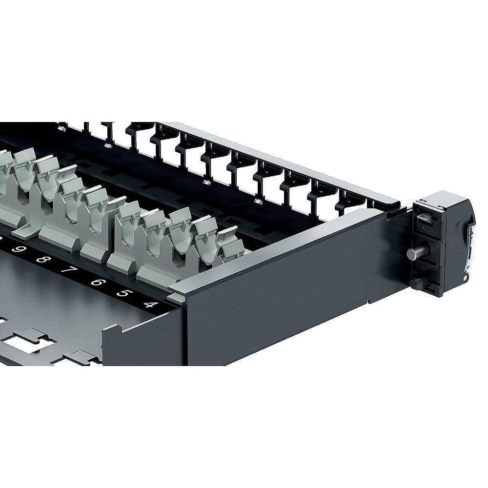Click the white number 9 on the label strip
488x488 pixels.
coord(18,249)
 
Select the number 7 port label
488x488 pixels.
coord(67,269)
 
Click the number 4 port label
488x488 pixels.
coord(150,304)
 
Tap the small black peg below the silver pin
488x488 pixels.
coord(416,283)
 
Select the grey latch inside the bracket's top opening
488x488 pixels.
coord(423,215)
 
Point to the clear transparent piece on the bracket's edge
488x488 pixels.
coord(469,248)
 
